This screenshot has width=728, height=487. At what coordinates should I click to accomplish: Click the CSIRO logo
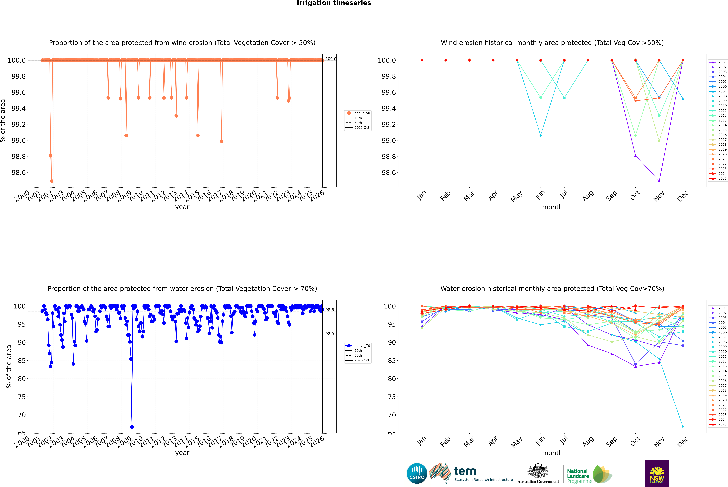click(x=417, y=473)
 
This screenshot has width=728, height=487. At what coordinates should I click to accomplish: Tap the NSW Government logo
click(x=657, y=473)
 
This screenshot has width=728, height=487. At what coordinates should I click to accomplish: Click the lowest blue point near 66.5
click(x=132, y=427)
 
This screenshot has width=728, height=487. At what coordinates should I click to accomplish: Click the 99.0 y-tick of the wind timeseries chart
click(x=19, y=140)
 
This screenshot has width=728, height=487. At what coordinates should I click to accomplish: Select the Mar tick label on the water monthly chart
click(x=469, y=442)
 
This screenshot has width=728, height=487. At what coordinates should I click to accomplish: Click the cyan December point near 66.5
click(x=683, y=427)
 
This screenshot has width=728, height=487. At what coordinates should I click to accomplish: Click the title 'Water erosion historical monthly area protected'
click(x=552, y=289)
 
